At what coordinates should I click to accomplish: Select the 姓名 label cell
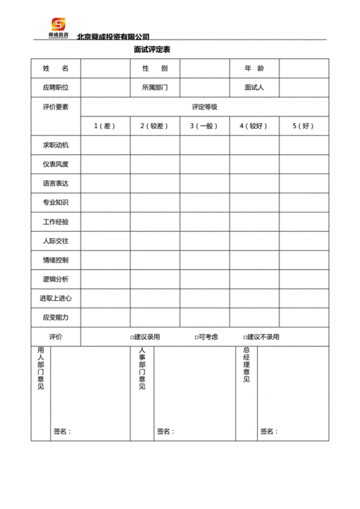55,68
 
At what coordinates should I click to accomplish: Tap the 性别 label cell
155,68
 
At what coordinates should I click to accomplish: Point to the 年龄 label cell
254,68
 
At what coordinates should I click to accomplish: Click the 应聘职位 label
55,88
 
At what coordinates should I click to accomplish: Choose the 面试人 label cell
254,88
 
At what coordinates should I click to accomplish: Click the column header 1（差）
105,126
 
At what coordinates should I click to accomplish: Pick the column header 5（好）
304,126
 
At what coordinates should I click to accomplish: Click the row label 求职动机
55,145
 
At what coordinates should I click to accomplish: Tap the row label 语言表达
55,184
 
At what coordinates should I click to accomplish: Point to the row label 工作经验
55,222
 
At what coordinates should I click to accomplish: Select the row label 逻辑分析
55,279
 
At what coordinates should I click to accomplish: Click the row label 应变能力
55,317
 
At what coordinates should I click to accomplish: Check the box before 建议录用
132,337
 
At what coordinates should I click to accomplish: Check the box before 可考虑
196,337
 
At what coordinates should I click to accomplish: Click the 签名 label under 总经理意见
268,431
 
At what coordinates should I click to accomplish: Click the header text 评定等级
204,107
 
